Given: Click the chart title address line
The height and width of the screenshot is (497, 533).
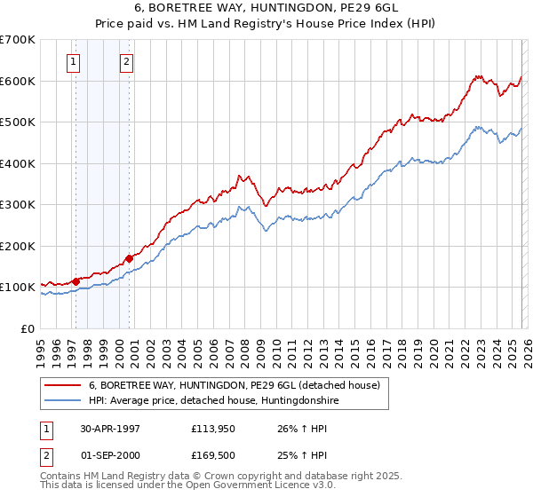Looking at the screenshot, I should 266,8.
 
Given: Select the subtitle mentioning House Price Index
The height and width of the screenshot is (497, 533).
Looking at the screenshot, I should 266,23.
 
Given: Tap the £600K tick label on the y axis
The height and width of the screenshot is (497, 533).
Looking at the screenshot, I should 19,81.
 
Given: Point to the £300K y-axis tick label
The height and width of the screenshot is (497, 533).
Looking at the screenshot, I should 19,205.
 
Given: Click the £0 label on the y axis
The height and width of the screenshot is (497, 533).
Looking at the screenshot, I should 27,328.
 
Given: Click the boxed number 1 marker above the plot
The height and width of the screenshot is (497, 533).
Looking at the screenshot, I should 72,61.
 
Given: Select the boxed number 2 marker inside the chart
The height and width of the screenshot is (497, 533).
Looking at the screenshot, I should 126,61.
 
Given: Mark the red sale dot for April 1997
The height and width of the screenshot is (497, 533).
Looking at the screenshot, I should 76,281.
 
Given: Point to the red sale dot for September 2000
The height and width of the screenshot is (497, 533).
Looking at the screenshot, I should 130,258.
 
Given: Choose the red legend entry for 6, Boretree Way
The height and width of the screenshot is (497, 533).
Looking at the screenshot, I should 234,385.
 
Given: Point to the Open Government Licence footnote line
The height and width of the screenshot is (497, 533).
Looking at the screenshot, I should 188,487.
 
